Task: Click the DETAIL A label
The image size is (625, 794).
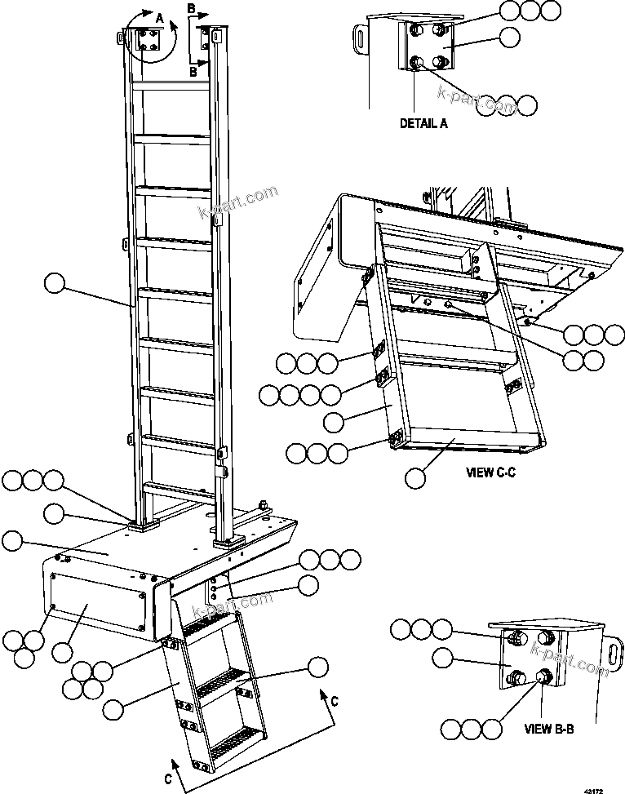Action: click(423, 125)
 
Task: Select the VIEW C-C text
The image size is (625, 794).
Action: click(491, 471)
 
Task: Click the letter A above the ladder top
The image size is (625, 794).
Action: click(160, 16)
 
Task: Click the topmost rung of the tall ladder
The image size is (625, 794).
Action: click(172, 85)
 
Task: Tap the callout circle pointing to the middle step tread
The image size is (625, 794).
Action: click(317, 666)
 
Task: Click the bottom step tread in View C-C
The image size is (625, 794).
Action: click(465, 442)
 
